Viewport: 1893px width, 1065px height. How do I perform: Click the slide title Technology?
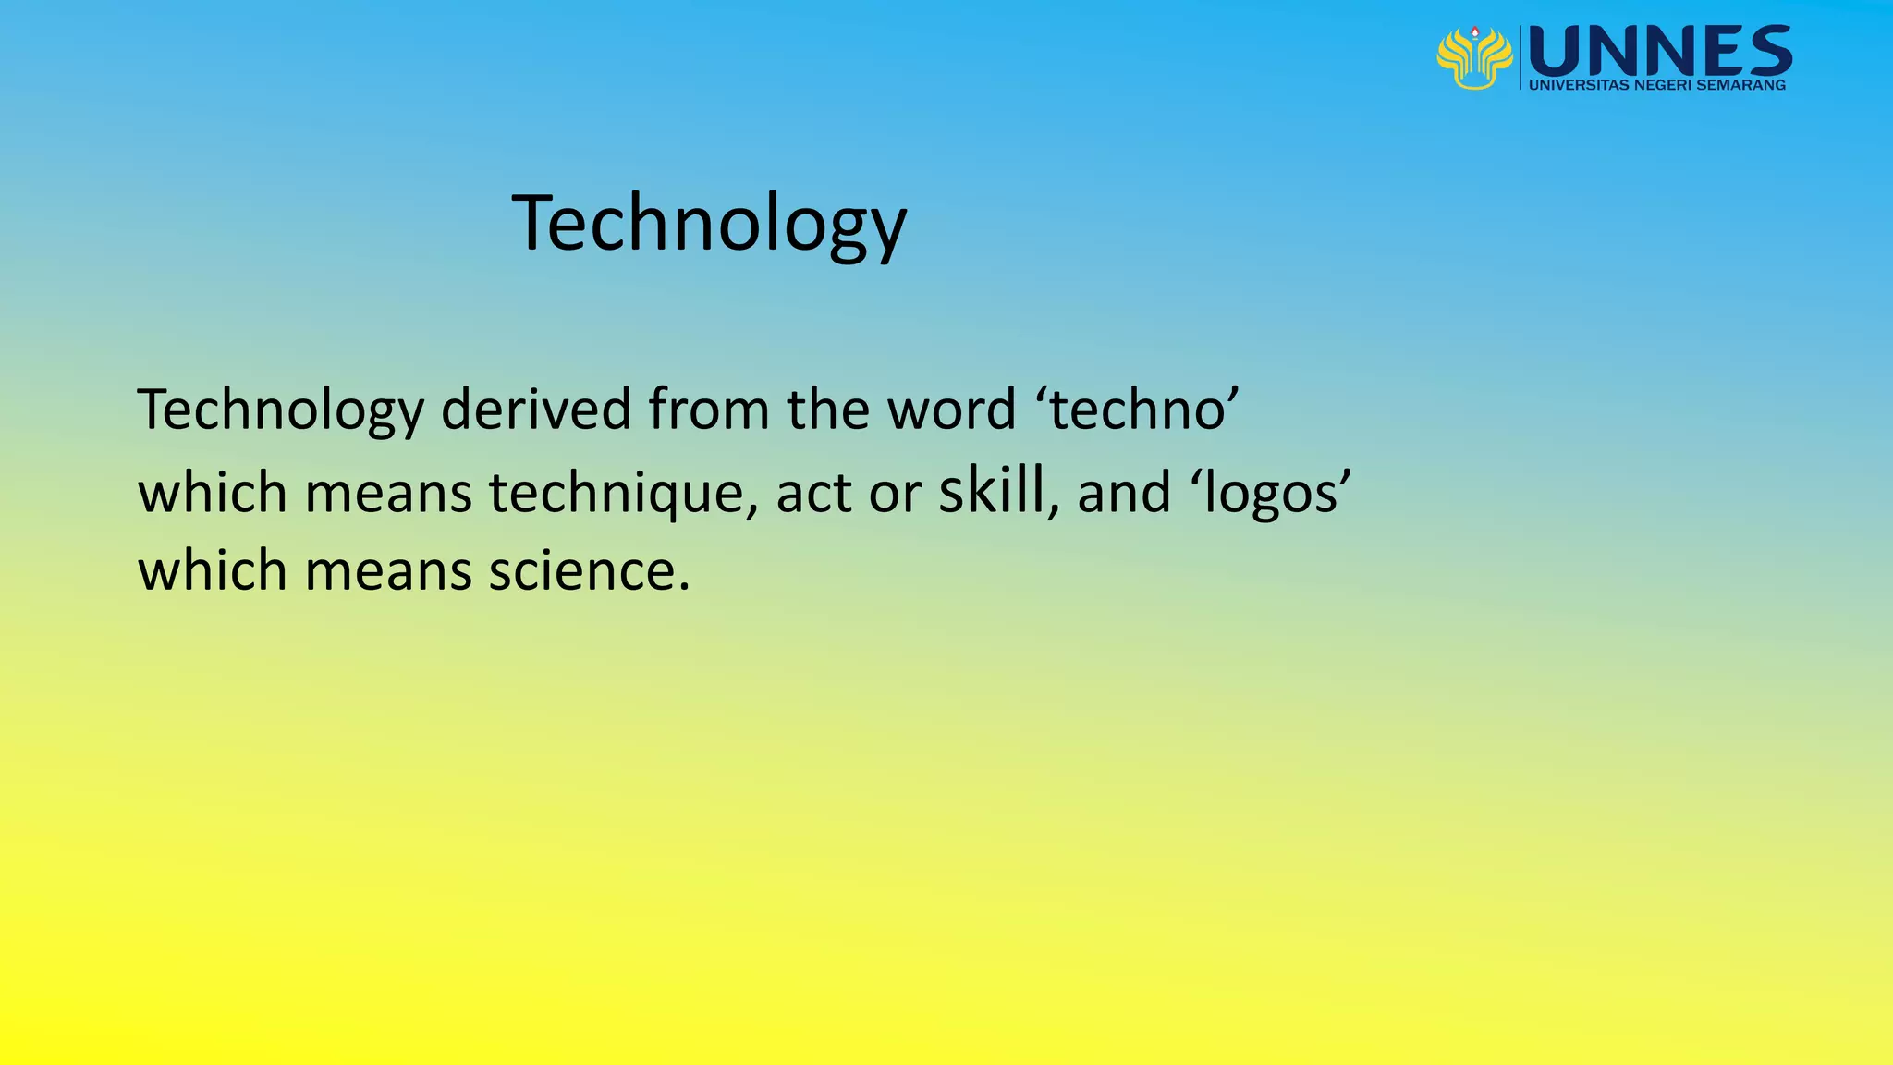pyautogui.click(x=709, y=224)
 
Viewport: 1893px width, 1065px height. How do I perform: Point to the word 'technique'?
pyautogui.click(x=617, y=493)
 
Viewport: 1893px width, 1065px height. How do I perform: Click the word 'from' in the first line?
pyautogui.click(x=708, y=410)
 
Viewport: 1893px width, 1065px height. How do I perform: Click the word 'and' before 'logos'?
pyautogui.click(x=1124, y=493)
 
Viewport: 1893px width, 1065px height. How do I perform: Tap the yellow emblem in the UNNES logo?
pyautogui.click(x=1474, y=57)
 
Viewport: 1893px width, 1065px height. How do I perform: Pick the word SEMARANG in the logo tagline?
pyautogui.click(x=1740, y=85)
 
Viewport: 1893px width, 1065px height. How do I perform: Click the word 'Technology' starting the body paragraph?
pyautogui.click(x=280, y=410)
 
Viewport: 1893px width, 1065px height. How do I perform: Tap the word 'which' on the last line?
pyautogui.click(x=213, y=570)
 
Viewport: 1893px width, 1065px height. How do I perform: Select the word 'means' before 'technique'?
pyautogui.click(x=388, y=493)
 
